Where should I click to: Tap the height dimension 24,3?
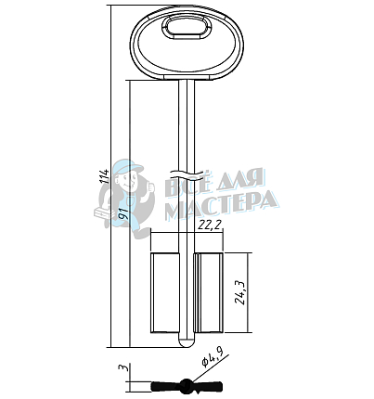[x=240, y=293]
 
